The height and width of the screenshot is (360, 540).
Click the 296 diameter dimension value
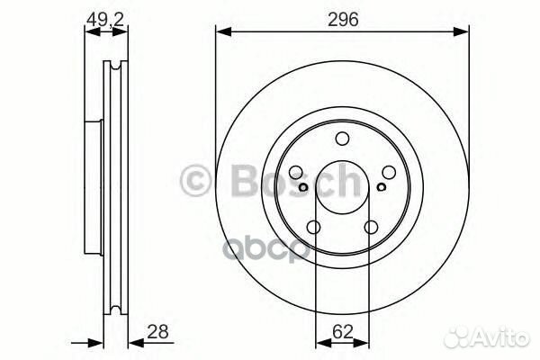tap(343, 19)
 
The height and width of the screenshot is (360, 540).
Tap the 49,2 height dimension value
tap(105, 19)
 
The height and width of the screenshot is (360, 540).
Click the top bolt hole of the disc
tap(342, 139)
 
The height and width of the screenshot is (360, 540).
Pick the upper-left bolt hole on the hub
tap(295, 172)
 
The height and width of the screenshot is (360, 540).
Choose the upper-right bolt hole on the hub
tap(389, 172)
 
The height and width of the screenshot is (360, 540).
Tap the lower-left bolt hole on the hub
tap(313, 228)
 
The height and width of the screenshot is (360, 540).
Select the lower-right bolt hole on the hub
tap(371, 228)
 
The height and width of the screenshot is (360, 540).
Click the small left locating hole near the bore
tap(303, 187)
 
